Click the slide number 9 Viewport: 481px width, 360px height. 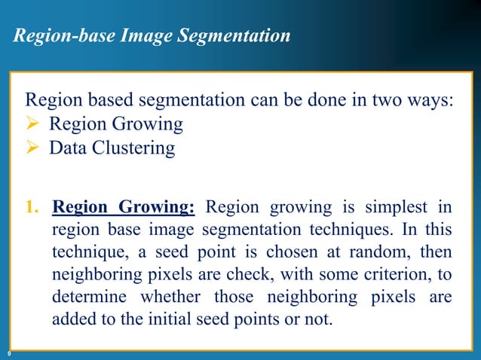[x=8, y=353]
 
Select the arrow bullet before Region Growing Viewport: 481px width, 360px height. [x=34, y=124]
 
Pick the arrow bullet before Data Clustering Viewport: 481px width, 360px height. [x=34, y=148]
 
